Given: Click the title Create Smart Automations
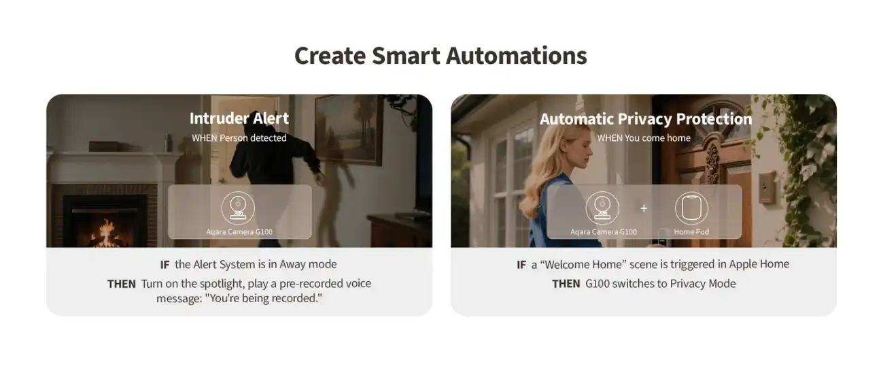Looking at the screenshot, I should tap(440, 55).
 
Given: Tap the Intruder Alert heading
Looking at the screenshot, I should tap(239, 118).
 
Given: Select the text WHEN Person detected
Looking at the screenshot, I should tap(239, 138).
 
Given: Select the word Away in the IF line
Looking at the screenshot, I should tap(294, 264).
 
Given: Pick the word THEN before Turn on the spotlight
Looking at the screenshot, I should tap(122, 284).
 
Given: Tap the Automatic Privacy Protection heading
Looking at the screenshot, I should tap(645, 119).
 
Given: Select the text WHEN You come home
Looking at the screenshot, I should tap(643, 138).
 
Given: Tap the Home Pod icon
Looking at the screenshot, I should tap(691, 209).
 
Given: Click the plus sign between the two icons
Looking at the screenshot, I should tap(644, 208).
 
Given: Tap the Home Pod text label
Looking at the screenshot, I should tap(691, 232).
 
